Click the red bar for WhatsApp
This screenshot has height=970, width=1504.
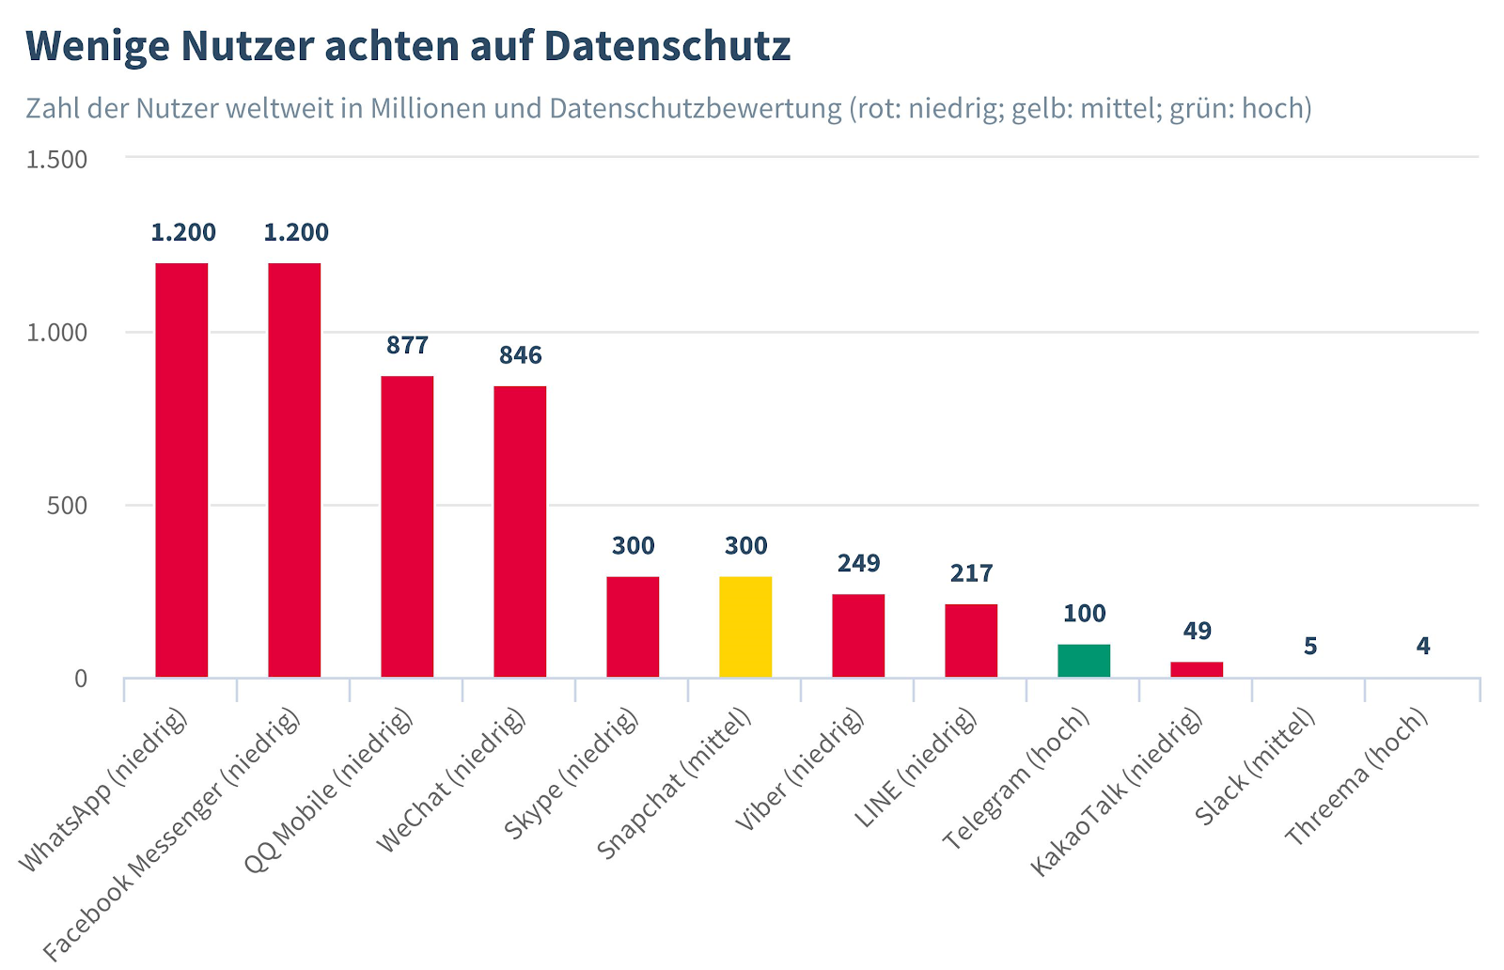[x=181, y=470]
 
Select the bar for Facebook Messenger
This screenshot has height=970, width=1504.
[x=294, y=470]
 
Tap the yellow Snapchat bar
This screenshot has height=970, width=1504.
[x=745, y=627]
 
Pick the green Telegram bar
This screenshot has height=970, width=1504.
[x=1084, y=661]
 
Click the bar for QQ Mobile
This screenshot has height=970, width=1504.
[x=407, y=526]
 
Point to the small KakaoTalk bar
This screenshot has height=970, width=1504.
[x=1197, y=669]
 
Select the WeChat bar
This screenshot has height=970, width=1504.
[x=520, y=531]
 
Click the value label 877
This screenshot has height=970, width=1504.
[x=407, y=346]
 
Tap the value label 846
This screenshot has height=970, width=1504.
[x=520, y=355]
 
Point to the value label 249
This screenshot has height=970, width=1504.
[x=858, y=563]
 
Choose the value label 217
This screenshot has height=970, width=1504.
[x=971, y=573]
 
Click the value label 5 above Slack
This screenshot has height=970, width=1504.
[x=1310, y=647]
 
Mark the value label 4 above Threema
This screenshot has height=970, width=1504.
[x=1423, y=647]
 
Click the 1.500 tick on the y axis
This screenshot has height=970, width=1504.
[x=56, y=159]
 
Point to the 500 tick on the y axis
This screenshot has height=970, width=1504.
[x=67, y=506]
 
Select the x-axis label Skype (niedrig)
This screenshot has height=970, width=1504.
[x=571, y=775]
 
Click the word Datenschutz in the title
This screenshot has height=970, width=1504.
[x=666, y=45]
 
